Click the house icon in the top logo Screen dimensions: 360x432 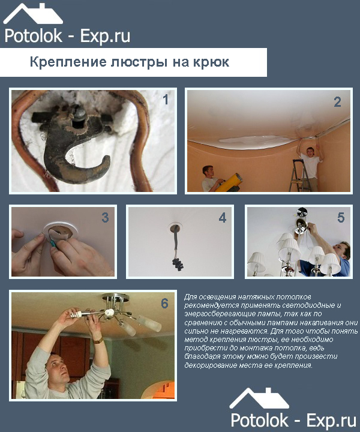[33, 14]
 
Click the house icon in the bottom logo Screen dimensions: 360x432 [259, 398]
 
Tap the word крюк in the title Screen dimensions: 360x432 [211, 62]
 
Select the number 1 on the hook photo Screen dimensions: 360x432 [165, 100]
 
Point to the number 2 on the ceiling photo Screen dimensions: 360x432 [337, 102]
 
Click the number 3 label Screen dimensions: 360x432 [105, 218]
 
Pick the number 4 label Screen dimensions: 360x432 [223, 218]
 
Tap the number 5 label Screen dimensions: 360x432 [341, 218]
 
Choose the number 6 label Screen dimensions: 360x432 [164, 304]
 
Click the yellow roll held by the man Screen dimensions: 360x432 [229, 182]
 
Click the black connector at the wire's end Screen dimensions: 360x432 [178, 265]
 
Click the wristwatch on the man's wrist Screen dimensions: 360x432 [98, 341]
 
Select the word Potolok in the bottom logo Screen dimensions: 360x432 [259, 421]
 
